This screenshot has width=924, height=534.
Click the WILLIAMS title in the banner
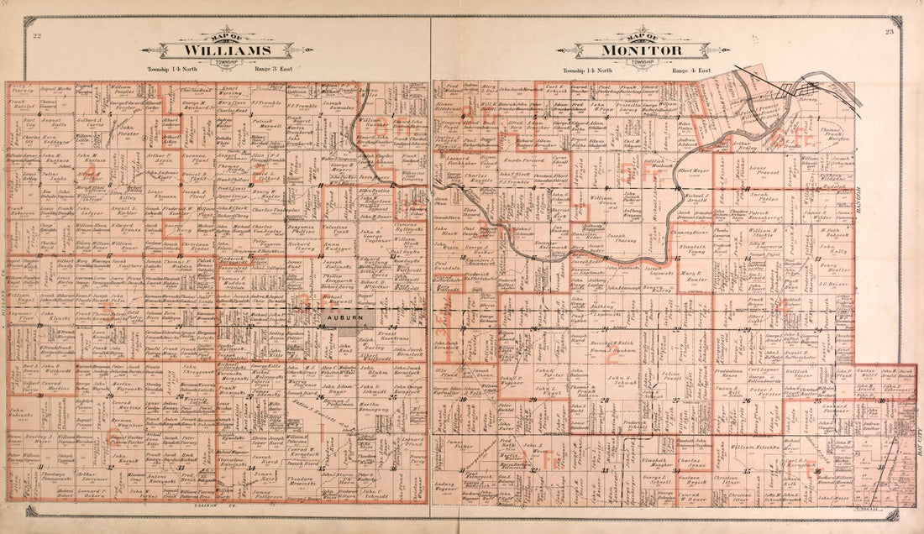tap(229, 50)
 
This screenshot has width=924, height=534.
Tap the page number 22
tap(37, 35)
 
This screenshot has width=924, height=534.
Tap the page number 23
tap(889, 33)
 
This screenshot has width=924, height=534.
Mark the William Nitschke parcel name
tap(754, 448)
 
